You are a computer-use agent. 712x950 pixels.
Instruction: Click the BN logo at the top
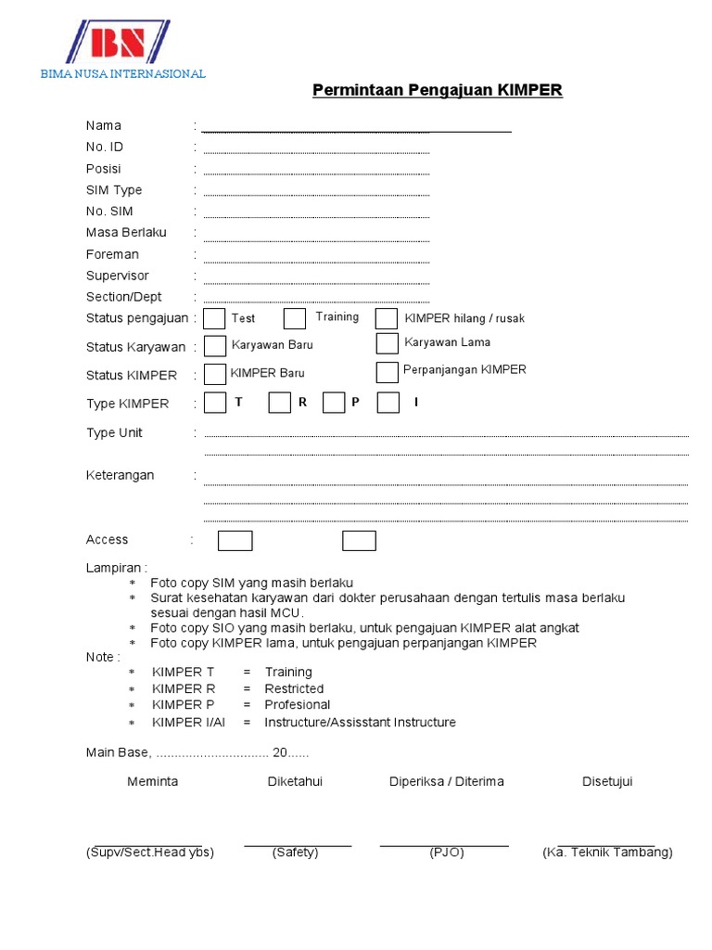click(119, 42)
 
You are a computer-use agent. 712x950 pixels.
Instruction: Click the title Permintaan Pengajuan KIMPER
click(437, 90)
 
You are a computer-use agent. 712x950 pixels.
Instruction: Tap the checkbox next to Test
click(214, 319)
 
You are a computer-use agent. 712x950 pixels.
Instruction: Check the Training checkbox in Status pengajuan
click(295, 318)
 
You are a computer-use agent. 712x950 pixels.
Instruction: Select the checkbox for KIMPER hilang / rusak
click(387, 319)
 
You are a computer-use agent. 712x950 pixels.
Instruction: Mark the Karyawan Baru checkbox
click(215, 346)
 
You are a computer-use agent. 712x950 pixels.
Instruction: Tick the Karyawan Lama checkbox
click(388, 343)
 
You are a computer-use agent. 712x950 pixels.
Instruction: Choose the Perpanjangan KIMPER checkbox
click(388, 372)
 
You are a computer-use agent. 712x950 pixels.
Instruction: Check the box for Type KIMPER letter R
click(279, 403)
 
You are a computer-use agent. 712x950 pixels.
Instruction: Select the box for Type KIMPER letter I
click(388, 403)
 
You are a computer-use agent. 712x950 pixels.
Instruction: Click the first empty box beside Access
click(235, 541)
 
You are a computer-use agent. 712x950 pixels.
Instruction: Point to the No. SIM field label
click(109, 212)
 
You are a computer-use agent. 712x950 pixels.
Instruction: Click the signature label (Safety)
click(296, 853)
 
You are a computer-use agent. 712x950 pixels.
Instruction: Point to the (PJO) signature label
click(447, 853)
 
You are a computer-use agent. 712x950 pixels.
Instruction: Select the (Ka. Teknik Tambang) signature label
click(607, 853)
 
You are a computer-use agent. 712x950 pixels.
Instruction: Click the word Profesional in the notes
click(297, 705)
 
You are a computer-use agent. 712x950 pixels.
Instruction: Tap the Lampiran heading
click(117, 568)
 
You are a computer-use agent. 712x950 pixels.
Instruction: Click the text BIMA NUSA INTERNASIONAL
click(123, 74)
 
